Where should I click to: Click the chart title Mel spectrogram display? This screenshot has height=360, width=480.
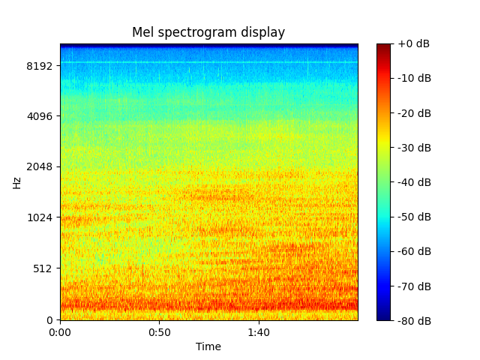coord(208,32)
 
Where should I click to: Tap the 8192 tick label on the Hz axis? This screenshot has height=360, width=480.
coord(40,66)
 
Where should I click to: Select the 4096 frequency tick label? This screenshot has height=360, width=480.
coord(40,116)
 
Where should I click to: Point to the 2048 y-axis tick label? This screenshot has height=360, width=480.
coord(40,166)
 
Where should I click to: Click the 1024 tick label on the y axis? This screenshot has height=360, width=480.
coord(40,217)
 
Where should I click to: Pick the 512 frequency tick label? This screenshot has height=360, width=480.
coord(43,268)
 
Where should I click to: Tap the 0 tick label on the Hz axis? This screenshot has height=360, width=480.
coord(50,320)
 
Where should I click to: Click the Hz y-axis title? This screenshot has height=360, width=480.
coord(16,182)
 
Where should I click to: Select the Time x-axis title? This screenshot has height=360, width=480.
coord(208,346)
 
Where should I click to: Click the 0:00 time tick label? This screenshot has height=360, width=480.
coord(60,332)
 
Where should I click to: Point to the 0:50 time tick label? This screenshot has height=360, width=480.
coord(159,332)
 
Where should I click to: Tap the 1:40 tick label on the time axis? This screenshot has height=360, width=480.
coord(259,332)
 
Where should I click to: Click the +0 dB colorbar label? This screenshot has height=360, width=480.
coord(413,43)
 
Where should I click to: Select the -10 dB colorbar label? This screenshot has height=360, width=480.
coord(413,78)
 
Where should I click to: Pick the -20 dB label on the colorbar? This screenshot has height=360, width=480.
coord(413,113)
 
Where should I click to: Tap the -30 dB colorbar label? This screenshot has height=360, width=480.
coord(413,148)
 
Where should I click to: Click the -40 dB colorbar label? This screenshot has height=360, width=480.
coord(413,182)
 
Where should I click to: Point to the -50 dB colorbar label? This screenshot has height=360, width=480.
coord(413,217)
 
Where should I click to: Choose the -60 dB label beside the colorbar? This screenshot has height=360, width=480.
coord(413,251)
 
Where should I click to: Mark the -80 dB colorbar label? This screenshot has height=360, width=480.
coord(413,320)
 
